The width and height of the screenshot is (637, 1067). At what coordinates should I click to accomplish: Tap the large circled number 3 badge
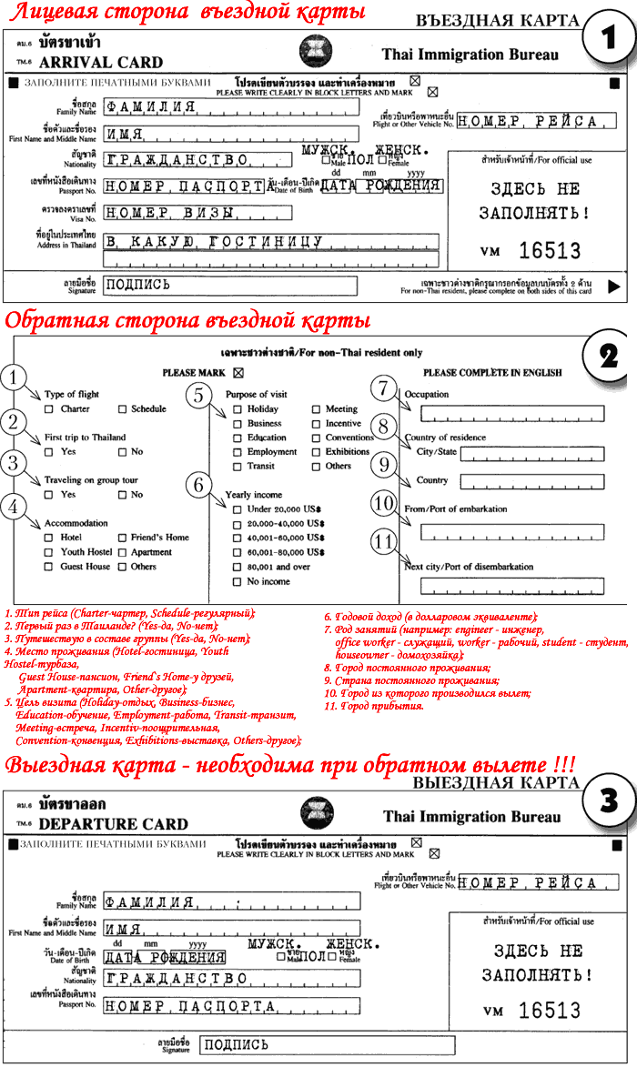tap(605, 804)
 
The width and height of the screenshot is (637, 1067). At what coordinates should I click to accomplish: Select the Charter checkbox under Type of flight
tap(49, 409)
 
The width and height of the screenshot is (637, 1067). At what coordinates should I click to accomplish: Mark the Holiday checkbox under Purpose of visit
tap(237, 410)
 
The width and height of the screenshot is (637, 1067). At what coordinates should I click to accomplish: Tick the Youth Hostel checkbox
tap(49, 552)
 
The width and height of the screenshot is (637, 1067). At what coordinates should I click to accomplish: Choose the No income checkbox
tap(237, 581)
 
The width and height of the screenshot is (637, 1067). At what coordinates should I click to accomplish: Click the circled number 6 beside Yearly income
tap(199, 486)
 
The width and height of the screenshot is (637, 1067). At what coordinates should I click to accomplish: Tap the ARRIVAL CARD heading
tap(101, 63)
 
